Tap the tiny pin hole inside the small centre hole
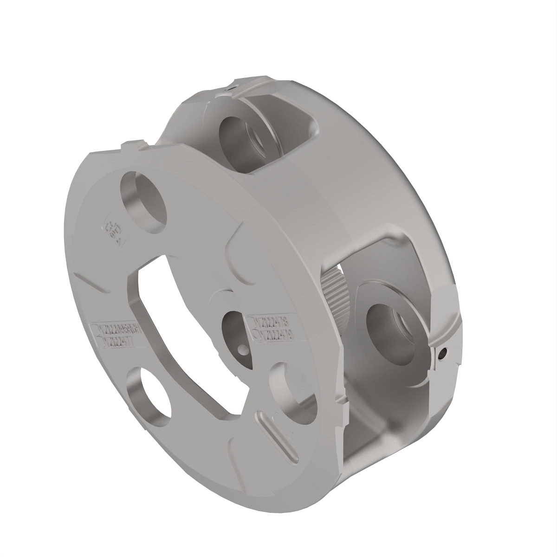(x=242, y=349)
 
